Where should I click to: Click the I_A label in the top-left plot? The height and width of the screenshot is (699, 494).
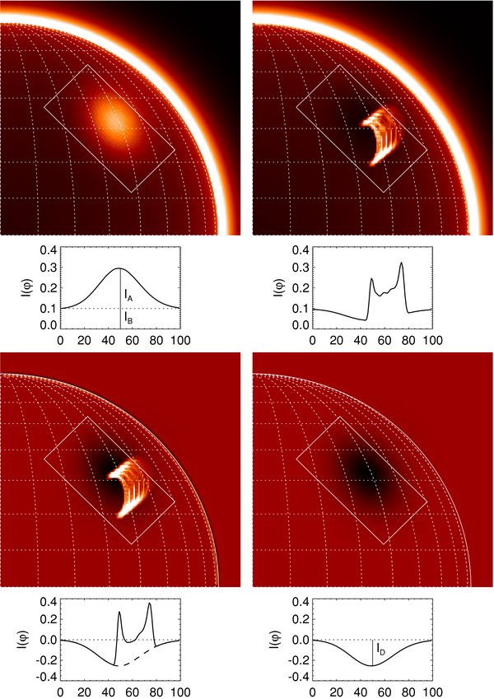click(x=128, y=294)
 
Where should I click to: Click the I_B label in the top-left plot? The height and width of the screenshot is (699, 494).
click(x=128, y=315)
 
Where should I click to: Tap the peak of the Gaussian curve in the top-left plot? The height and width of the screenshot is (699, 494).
click(x=120, y=268)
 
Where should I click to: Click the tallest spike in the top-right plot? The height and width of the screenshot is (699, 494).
click(x=401, y=263)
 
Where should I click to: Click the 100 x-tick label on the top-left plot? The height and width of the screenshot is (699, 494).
click(x=179, y=338)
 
